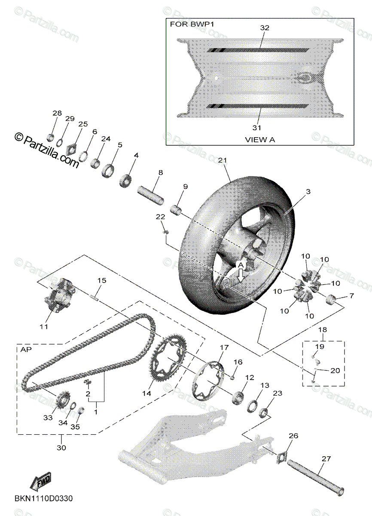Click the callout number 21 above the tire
222,160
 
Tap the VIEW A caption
259,139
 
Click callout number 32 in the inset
264,28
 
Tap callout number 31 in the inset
256,127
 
